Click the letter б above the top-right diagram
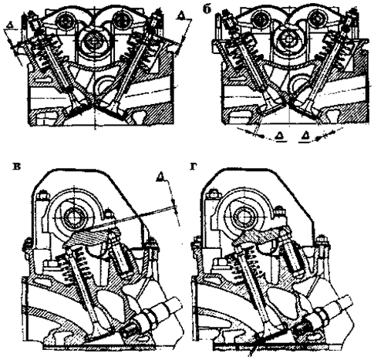pyautogui.click(x=208, y=9)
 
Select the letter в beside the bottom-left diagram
pyautogui.click(x=18, y=167)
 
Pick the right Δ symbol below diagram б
pyautogui.click(x=307, y=136)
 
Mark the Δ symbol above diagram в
pyautogui.click(x=160, y=177)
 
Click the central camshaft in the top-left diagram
pyautogui.click(x=92, y=41)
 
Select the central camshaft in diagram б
pyautogui.click(x=286, y=40)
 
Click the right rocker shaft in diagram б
pyautogui.click(x=316, y=19)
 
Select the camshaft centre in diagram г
pyautogui.click(x=243, y=215)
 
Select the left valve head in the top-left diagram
pyautogui.click(x=76, y=108)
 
